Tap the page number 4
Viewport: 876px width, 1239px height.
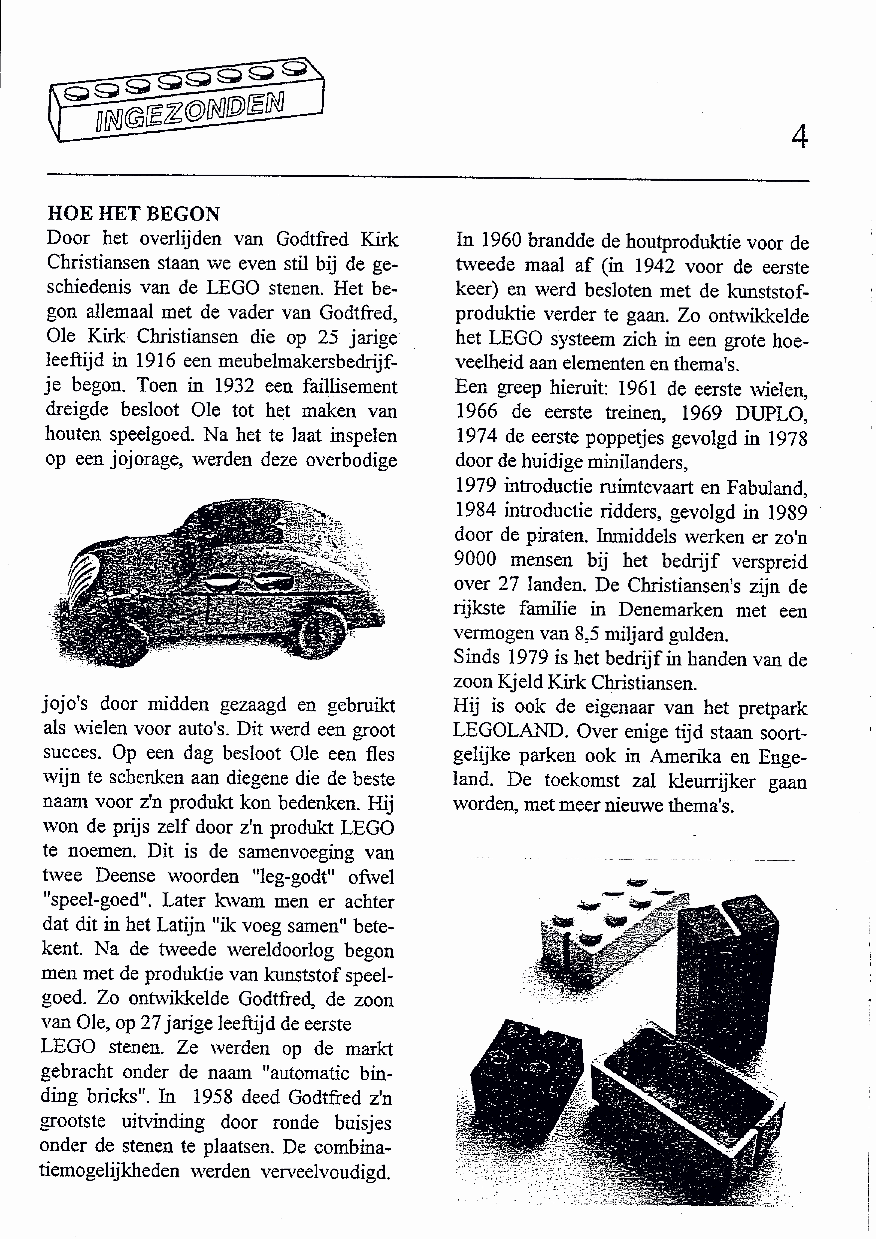pos(799,137)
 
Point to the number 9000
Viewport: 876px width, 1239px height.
pos(475,559)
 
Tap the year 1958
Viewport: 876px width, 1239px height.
pos(212,1097)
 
